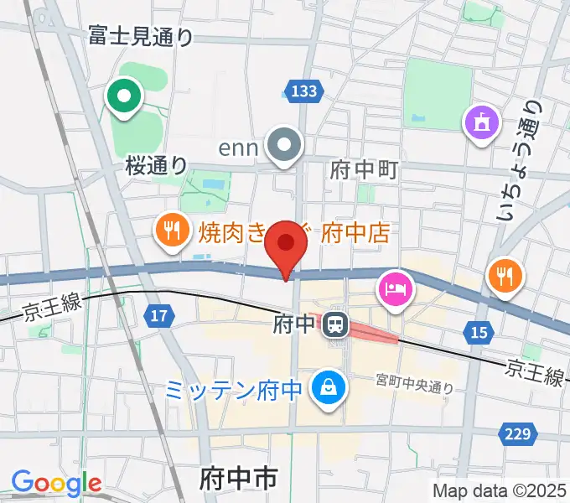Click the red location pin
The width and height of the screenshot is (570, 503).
coord(288,244)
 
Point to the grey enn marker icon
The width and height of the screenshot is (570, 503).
coord(285,146)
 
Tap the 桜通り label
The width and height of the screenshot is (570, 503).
coord(157,164)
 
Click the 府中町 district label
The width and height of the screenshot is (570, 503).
coord(363,170)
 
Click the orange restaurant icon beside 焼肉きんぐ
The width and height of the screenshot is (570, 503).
coord(173,230)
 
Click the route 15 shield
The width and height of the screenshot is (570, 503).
coord(479,334)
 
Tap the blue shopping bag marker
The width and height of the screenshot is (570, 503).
coord(324,386)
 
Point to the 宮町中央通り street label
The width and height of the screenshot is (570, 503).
coord(414,386)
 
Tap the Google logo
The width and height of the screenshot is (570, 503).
coord(56,483)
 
